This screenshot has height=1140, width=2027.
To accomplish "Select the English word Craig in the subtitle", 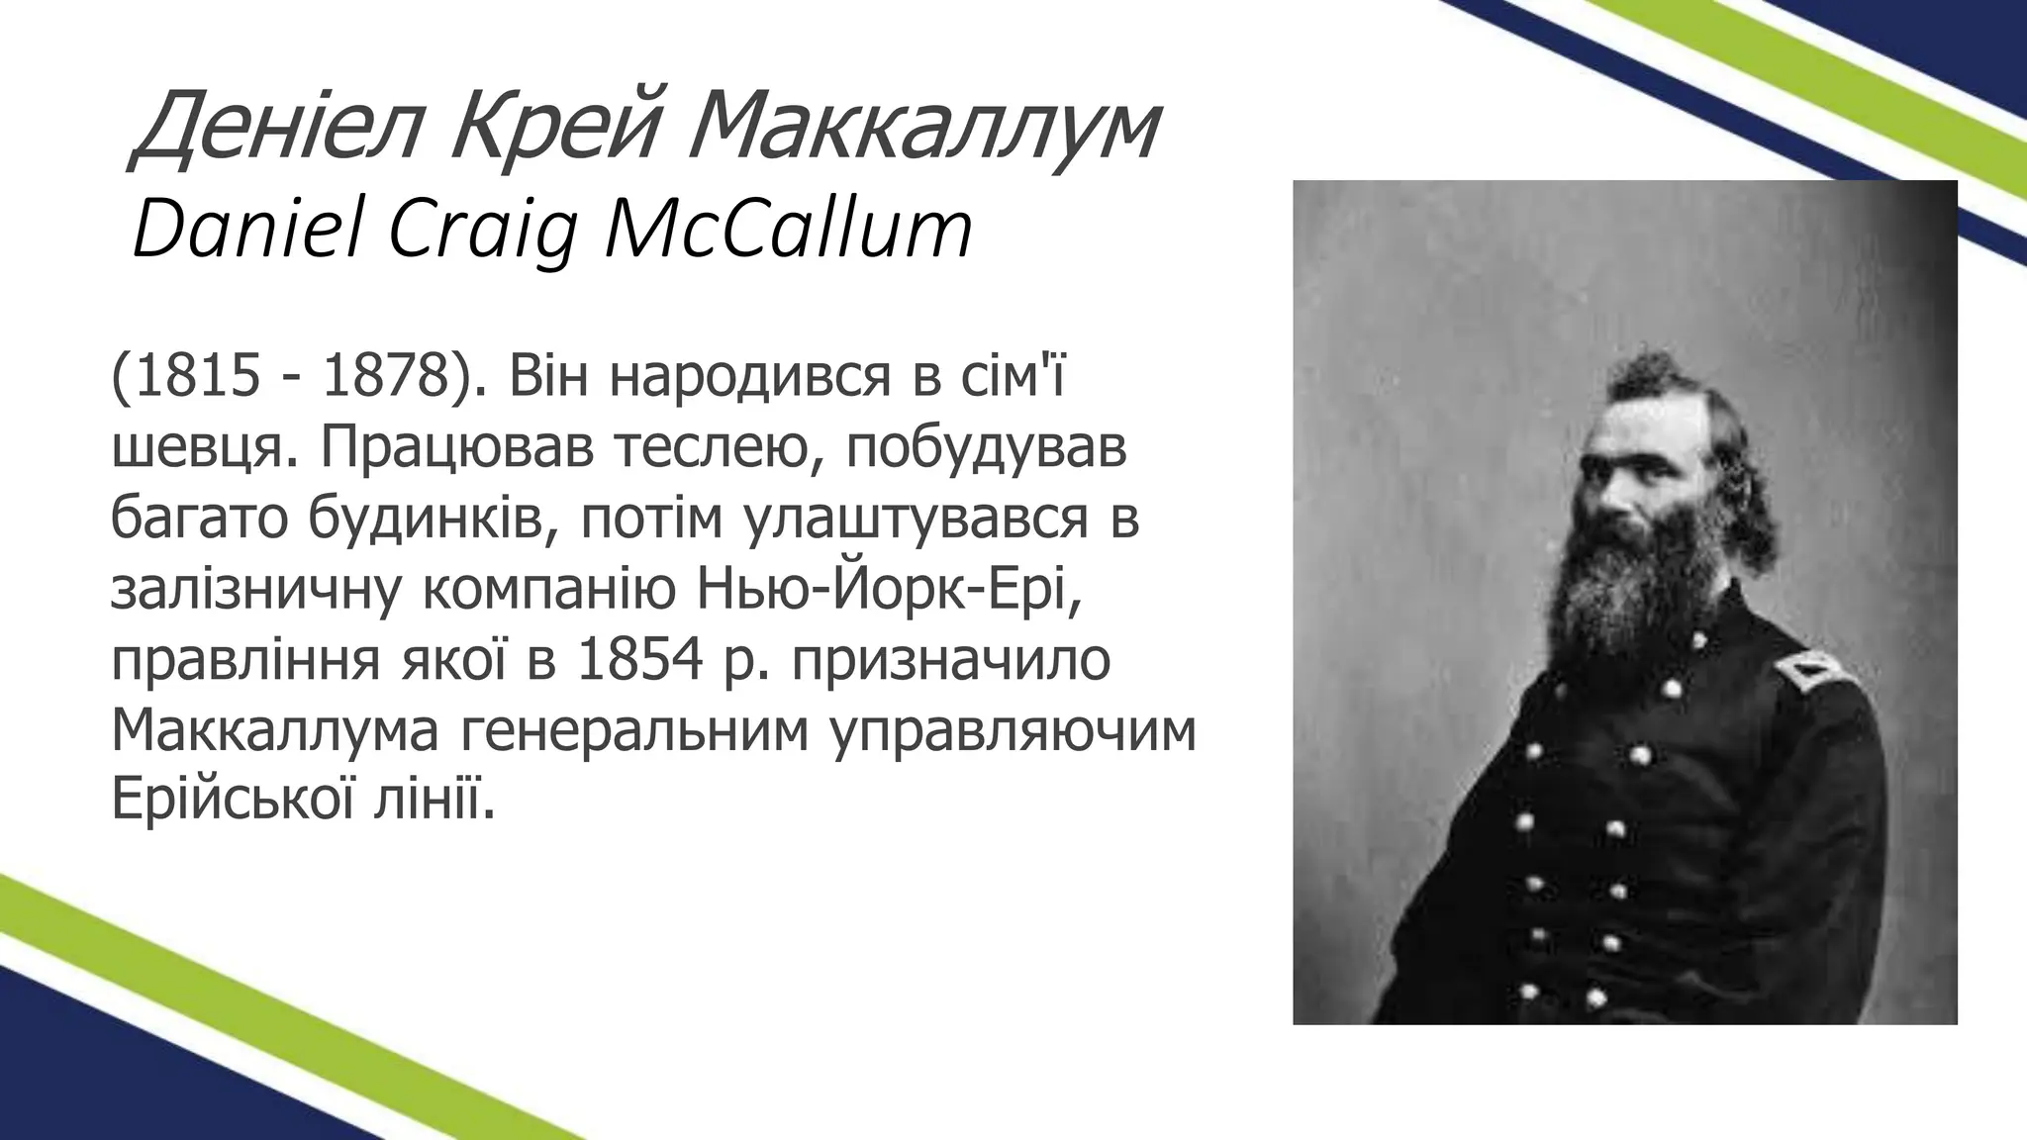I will pos(485,230).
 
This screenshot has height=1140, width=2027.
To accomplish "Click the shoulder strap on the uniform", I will pos(1811,674).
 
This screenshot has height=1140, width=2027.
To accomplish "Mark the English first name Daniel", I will pos(242,230).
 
